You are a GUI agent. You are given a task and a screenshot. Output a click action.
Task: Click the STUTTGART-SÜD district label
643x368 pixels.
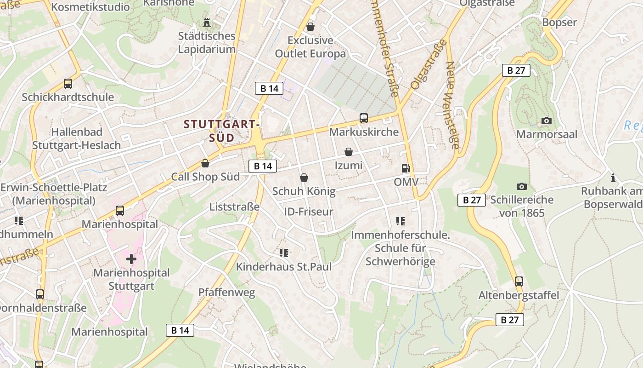[222, 131]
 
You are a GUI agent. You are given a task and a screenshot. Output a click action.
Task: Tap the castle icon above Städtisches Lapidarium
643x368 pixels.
[206, 22]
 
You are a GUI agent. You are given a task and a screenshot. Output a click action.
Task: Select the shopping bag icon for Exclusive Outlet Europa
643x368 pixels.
[310, 27]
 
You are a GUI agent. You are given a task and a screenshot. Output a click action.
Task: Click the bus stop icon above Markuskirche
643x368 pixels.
[364, 118]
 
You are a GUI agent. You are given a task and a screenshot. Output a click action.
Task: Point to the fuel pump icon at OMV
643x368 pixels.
[406, 168]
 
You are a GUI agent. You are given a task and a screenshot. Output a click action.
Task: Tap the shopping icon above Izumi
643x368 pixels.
[349, 152]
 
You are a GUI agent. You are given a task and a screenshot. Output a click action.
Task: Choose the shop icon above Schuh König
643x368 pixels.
[304, 178]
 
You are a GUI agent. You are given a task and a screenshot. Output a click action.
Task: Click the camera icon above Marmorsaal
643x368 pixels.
[546, 121]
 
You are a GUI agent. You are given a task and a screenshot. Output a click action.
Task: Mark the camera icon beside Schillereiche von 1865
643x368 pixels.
[521, 186]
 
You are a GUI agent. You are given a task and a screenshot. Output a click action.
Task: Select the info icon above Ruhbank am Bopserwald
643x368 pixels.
[613, 177]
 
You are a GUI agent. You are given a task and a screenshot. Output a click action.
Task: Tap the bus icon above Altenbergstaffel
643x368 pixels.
[519, 281]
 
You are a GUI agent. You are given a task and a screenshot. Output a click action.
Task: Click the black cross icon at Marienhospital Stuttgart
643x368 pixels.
[131, 259]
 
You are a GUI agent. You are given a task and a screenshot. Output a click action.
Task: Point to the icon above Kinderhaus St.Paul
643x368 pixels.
[283, 253]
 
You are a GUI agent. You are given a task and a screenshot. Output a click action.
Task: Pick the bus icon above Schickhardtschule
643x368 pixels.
[68, 84]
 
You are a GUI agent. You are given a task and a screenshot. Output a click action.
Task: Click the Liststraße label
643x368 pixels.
[234, 207]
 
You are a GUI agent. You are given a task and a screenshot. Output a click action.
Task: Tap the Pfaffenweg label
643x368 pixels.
[226, 292]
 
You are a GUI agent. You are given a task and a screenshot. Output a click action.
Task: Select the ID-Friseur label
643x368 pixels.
[309, 212]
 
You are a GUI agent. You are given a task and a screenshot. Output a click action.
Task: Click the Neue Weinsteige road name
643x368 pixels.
[452, 106]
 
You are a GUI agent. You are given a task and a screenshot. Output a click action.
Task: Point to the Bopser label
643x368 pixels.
[559, 22]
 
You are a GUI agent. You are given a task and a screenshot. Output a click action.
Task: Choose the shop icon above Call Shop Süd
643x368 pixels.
[205, 163]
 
